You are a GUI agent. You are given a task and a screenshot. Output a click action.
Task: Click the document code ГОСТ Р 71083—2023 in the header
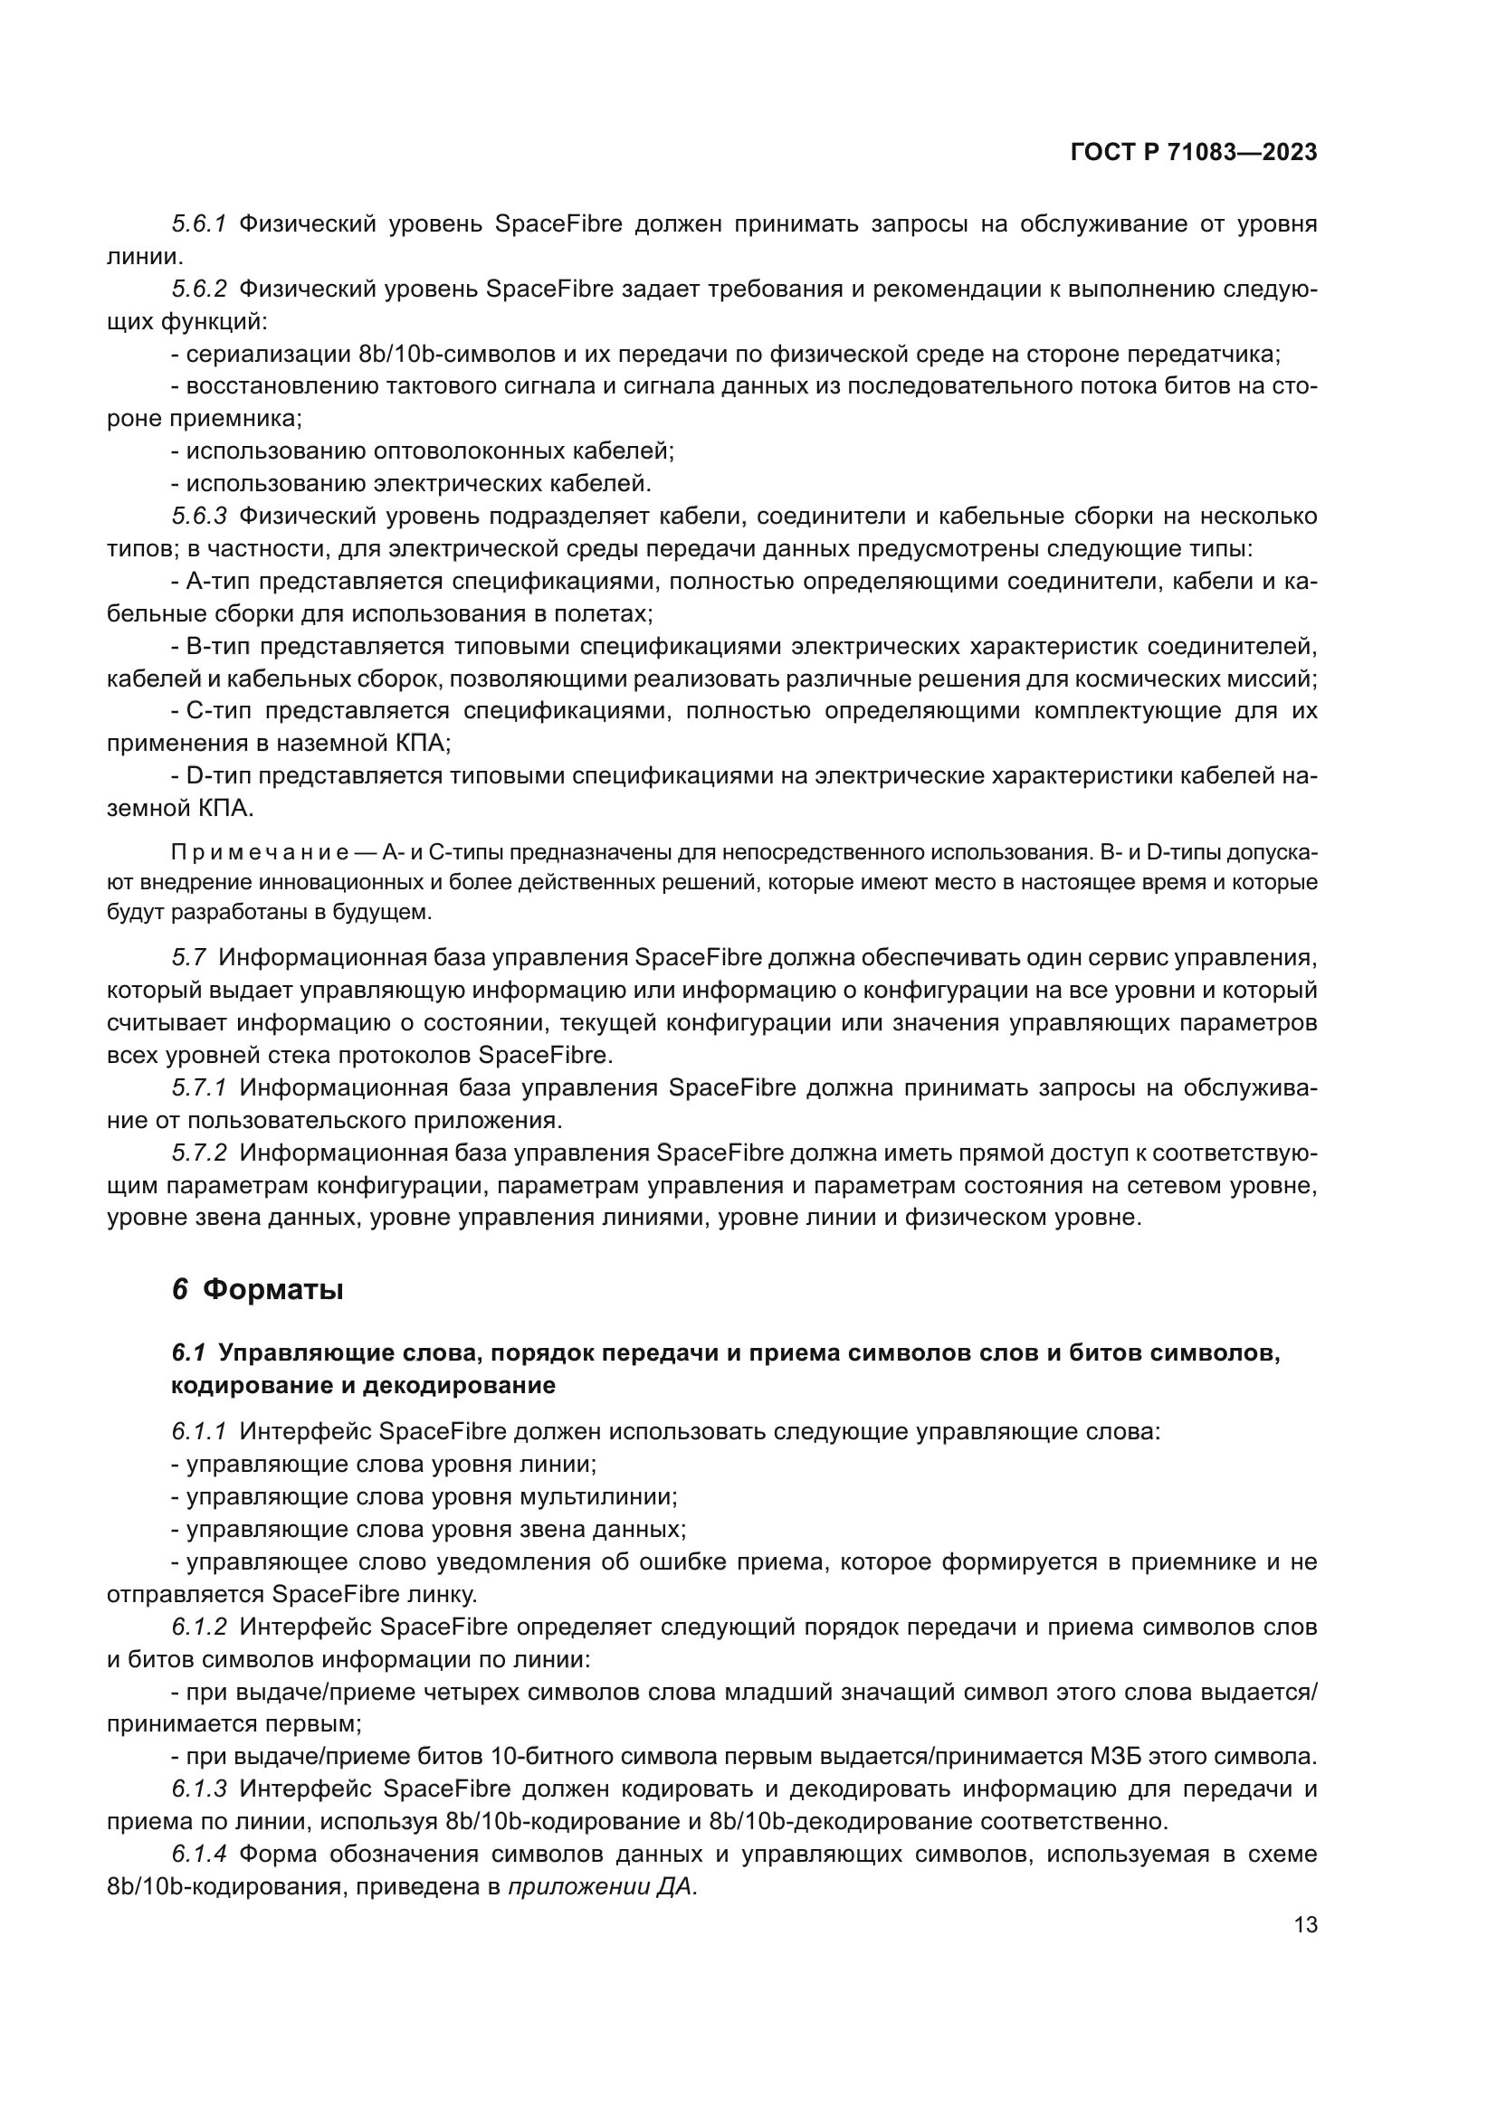(1193, 153)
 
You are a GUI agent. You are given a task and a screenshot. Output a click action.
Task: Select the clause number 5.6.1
(198, 224)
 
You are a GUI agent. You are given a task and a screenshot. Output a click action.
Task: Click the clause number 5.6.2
(198, 289)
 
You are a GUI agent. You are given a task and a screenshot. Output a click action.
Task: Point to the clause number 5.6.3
(198, 516)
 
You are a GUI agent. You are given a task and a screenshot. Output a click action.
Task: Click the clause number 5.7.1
(198, 1088)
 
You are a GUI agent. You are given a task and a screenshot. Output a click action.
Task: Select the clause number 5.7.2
(198, 1153)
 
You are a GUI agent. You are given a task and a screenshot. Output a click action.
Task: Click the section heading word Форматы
(272, 1289)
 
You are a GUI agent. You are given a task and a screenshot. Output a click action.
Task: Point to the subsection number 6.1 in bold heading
(188, 1352)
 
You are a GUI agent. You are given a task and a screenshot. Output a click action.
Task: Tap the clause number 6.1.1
(198, 1431)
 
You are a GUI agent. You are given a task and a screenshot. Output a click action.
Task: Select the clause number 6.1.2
(198, 1627)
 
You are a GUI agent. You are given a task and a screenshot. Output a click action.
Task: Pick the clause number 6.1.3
(198, 1789)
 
